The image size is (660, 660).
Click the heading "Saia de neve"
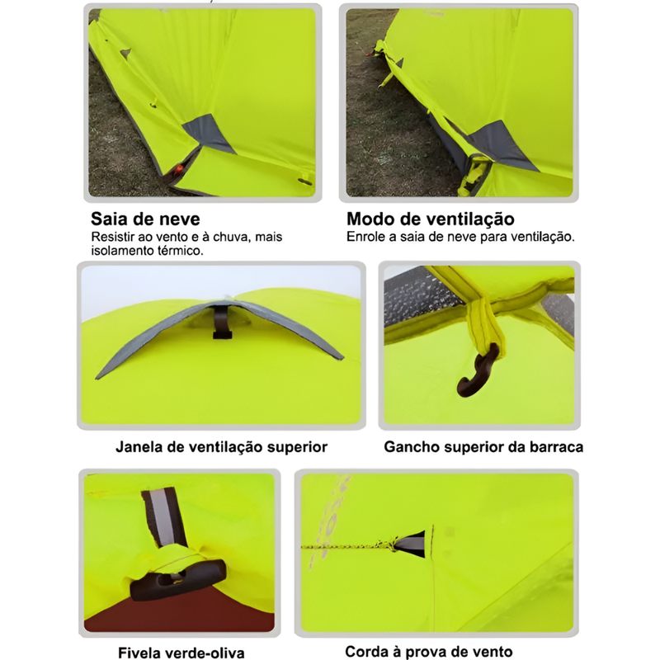click(145, 219)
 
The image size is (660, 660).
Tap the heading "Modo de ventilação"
click(430, 219)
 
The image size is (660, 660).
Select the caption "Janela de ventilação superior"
click(221, 446)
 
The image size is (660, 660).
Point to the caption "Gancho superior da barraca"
click(483, 446)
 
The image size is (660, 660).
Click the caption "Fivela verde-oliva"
click(181, 653)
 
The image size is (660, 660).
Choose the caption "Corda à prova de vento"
click(428, 652)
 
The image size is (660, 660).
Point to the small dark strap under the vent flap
click(222, 322)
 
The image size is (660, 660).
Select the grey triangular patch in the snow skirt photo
click(209, 134)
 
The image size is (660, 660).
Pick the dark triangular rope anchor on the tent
click(411, 544)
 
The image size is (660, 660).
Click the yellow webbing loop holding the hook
click(484, 324)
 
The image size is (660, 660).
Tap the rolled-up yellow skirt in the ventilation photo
click(474, 176)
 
